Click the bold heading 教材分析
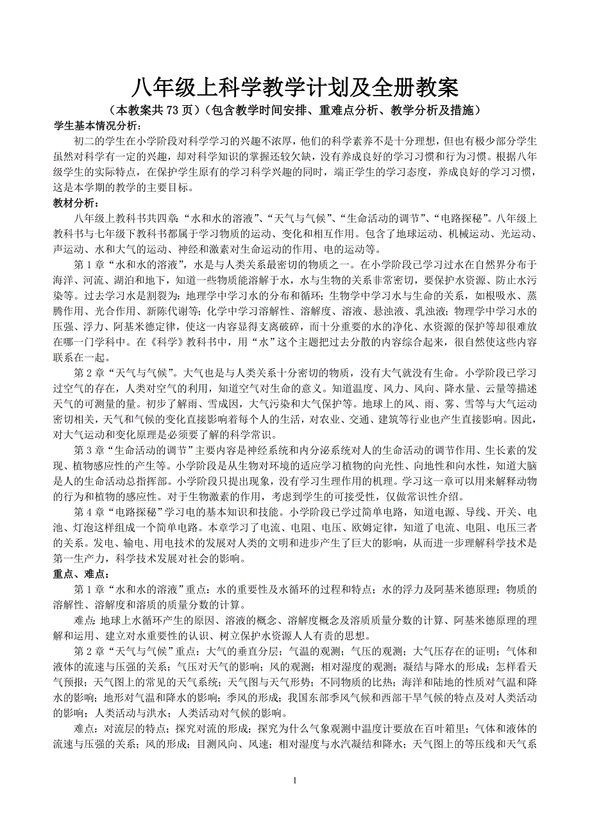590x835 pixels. [76, 203]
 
